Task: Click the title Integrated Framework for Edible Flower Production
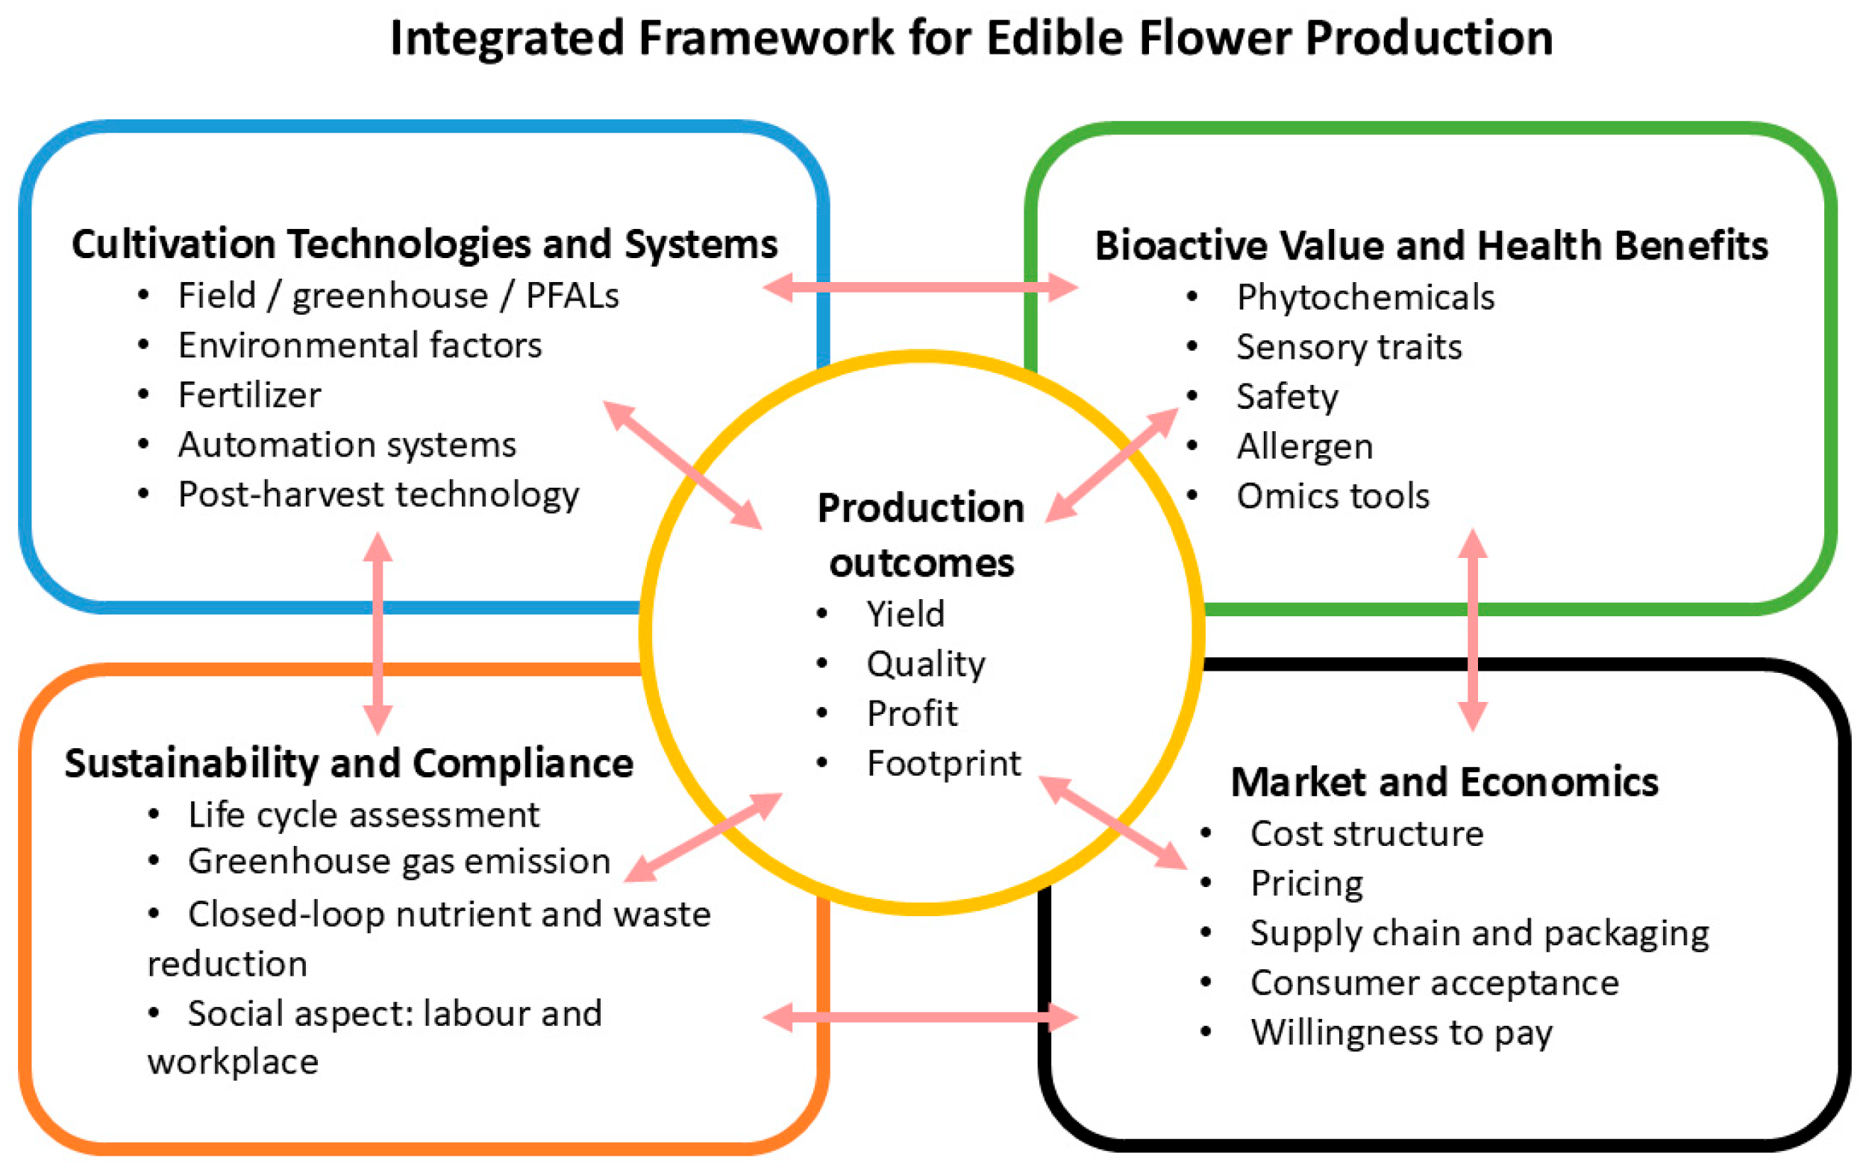(x=971, y=39)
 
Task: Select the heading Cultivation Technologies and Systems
(x=425, y=244)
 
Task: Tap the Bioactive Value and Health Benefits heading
(x=1431, y=246)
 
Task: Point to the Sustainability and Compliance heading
(x=348, y=764)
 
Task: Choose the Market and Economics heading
(x=1444, y=783)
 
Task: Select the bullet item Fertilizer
(x=249, y=395)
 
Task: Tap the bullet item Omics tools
(x=1333, y=496)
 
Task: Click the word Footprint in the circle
(x=943, y=764)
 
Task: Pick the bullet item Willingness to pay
(x=1400, y=1033)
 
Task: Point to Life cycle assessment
(x=363, y=815)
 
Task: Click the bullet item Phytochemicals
(x=1365, y=298)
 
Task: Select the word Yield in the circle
(x=905, y=615)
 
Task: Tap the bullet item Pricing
(x=1306, y=884)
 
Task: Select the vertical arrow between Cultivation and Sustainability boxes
(x=378, y=633)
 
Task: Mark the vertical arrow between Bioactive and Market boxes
(x=1473, y=630)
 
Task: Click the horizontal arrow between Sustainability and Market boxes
(x=920, y=1018)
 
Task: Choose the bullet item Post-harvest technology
(x=378, y=495)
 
